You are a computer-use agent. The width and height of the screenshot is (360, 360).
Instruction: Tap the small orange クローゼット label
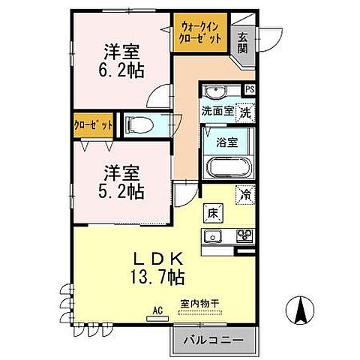tap(93, 124)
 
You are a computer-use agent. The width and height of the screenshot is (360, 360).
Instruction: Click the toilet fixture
tap(139, 124)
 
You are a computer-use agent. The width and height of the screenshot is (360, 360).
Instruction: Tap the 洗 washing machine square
tap(244, 113)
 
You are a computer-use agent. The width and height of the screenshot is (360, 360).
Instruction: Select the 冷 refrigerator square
tap(245, 194)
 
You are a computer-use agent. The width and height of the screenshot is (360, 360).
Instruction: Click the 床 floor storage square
tap(211, 213)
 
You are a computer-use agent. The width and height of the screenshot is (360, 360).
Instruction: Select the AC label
tap(157, 308)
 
